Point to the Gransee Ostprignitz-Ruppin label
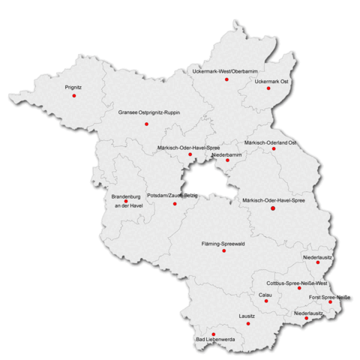point(149,112)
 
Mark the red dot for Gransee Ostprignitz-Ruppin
point(146,124)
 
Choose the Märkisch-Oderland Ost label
point(271,142)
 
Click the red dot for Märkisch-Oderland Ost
point(274,148)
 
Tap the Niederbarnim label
point(226,154)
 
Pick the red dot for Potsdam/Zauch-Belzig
point(175,203)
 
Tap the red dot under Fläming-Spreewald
point(223,250)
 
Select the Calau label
point(265,295)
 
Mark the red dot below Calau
point(266,301)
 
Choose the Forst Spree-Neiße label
point(330,298)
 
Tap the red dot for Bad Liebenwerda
point(214,334)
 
